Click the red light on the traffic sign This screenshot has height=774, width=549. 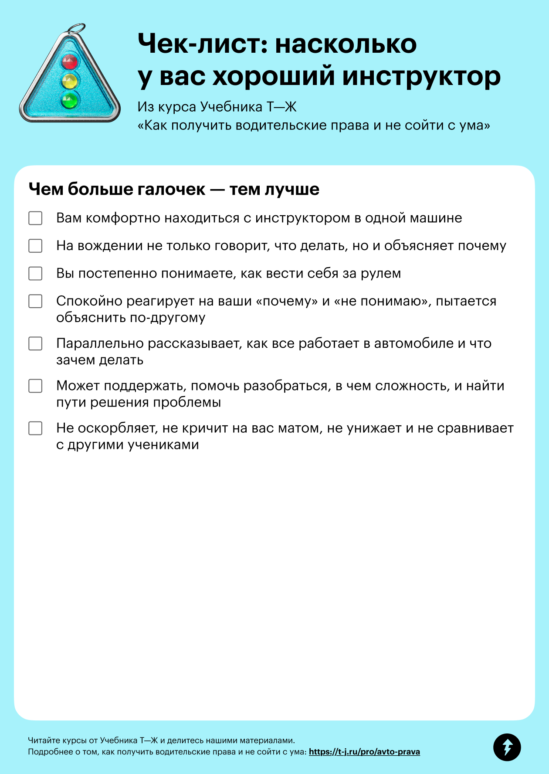point(70,61)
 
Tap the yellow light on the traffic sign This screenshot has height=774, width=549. point(70,81)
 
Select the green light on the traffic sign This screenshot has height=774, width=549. point(69,101)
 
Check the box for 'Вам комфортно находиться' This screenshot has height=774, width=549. point(35,218)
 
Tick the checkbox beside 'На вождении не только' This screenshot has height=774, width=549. point(35,246)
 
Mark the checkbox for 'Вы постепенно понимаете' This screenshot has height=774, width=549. point(35,273)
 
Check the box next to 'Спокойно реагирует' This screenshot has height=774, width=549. point(35,301)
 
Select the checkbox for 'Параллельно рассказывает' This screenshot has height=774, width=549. point(35,343)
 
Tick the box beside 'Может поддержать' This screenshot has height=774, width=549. point(35,386)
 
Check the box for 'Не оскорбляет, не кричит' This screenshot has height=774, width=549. point(35,428)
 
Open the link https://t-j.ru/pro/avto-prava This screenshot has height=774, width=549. point(364,752)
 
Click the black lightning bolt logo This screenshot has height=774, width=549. point(507,747)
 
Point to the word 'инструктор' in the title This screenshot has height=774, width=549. point(421,76)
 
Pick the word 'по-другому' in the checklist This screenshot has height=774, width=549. point(168,318)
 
